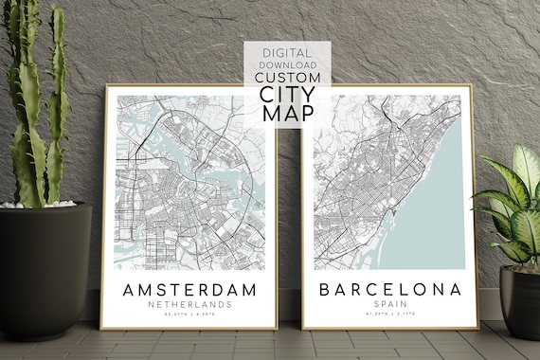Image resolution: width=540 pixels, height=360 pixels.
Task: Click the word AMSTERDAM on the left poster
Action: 190,288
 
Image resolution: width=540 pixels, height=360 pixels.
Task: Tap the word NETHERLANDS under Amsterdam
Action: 190,304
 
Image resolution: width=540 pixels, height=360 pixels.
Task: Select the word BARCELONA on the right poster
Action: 390,288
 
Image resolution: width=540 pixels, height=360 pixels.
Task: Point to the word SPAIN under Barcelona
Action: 390,304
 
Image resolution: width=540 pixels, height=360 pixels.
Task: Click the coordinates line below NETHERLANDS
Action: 190,315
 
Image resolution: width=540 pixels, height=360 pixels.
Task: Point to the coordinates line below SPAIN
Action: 390,315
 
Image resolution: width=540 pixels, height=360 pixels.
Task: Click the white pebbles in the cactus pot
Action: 38,204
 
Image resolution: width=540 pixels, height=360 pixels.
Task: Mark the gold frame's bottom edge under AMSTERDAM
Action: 189,328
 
